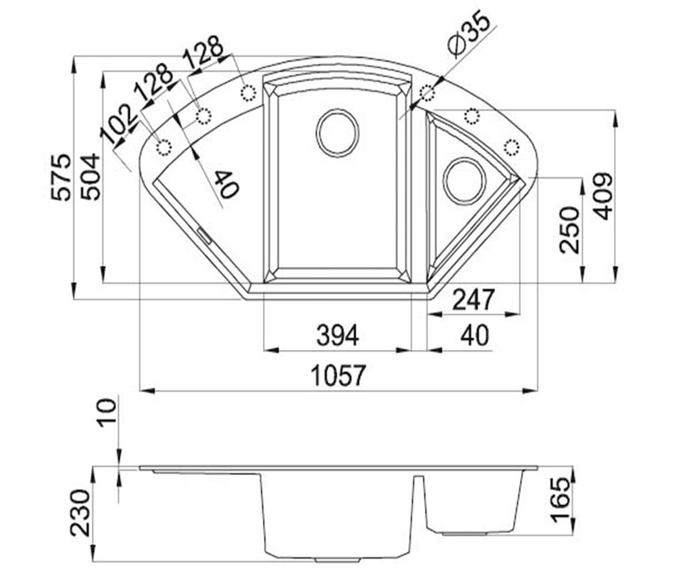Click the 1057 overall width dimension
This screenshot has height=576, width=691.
[x=339, y=375]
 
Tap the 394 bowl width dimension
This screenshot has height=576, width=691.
[x=337, y=335]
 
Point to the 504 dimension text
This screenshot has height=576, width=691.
[x=90, y=177]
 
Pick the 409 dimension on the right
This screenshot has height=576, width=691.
[x=603, y=196]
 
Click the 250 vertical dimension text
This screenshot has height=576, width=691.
[x=569, y=230]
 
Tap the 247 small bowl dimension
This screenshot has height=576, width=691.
[x=473, y=300]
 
